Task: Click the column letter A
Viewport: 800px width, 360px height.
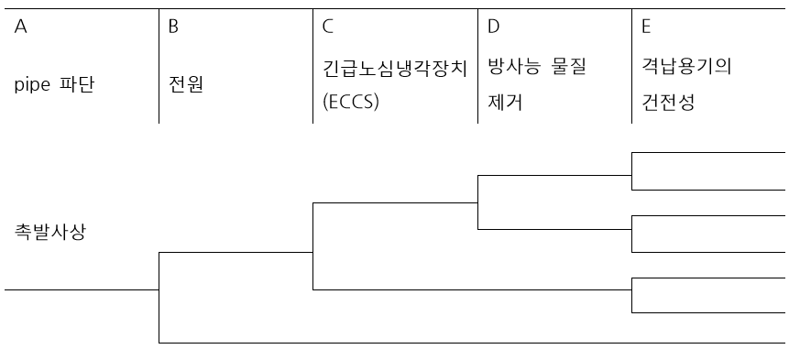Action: click(21, 27)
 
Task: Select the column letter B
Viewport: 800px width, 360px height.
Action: click(173, 27)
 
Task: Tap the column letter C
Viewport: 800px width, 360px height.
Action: click(327, 27)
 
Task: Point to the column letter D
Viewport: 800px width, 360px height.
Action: click(493, 27)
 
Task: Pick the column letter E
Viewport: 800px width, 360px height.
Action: click(646, 27)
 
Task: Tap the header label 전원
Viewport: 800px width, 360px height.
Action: click(186, 86)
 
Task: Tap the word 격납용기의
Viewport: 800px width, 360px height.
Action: click(686, 67)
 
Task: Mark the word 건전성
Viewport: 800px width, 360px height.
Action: click(668, 103)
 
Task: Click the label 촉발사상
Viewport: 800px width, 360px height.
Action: click(51, 230)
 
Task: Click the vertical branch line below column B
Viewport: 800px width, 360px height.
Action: click(159, 297)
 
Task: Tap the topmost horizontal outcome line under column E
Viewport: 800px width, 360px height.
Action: click(708, 152)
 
